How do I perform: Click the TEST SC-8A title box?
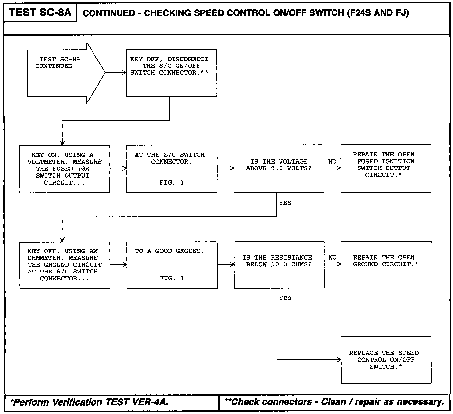[x=40, y=13]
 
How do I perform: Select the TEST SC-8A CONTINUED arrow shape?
[x=63, y=73]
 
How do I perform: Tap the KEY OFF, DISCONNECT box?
[x=171, y=73]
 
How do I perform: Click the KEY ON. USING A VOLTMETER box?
[x=65, y=169]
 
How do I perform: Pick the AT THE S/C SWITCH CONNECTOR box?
[x=172, y=169]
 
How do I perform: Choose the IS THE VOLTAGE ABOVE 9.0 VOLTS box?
[x=279, y=169]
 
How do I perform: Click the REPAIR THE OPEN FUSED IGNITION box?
[x=386, y=168]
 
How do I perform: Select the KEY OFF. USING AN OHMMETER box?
[x=65, y=265]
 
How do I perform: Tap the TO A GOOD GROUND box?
[x=172, y=265]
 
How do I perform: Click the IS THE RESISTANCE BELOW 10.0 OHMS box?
[x=279, y=265]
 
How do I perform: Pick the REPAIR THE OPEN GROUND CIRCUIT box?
[x=386, y=265]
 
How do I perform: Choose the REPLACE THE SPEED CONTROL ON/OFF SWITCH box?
[x=386, y=360]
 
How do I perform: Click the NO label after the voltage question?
[x=332, y=162]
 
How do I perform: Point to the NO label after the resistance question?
[x=333, y=258]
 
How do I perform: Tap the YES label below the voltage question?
[x=285, y=203]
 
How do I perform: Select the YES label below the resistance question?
[x=285, y=298]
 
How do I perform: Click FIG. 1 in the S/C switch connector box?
[x=172, y=183]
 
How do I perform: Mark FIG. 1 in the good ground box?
[x=172, y=278]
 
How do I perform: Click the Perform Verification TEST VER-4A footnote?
[x=90, y=402]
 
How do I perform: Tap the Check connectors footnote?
[x=334, y=402]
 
